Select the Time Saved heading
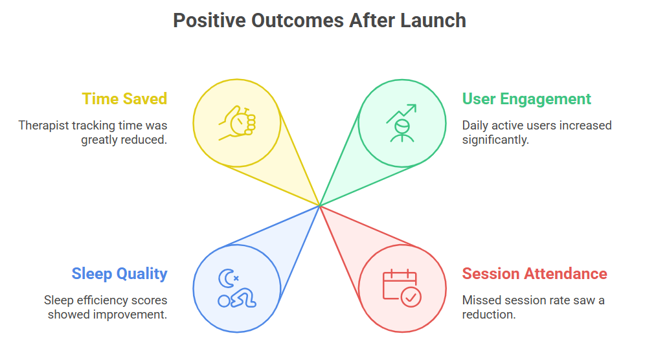point(124,99)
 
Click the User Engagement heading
point(526,99)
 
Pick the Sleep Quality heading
point(119,274)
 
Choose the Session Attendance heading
point(534,274)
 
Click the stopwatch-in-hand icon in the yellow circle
point(237,123)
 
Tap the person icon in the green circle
point(402,131)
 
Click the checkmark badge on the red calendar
point(411,297)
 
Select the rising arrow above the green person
point(402,113)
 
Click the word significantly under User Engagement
point(495,140)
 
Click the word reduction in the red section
point(489,315)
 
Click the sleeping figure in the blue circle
point(237,298)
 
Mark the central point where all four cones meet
point(320,205)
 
